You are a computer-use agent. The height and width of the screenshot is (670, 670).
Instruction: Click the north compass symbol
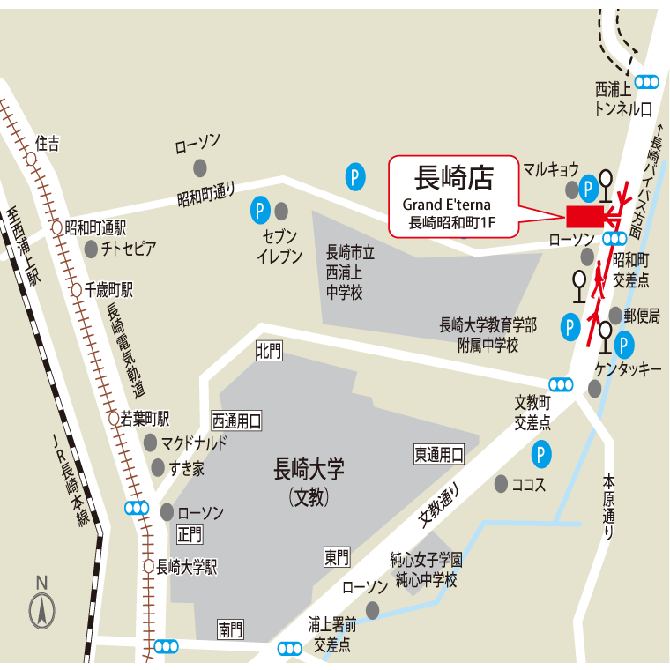42,609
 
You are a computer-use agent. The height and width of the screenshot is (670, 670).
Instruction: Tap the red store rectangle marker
583,216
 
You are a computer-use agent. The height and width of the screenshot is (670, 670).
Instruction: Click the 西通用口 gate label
236,421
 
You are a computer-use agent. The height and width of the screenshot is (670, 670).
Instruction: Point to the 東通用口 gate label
439,454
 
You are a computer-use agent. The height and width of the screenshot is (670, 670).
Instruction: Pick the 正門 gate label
190,533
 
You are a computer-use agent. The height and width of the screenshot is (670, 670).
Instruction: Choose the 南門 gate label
231,629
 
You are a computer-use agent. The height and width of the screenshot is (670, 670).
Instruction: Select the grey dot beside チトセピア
91,249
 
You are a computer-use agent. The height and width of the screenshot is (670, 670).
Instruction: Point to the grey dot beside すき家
158,467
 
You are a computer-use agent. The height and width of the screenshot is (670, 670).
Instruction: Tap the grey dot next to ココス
501,483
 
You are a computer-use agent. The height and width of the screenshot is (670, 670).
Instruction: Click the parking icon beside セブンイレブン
260,210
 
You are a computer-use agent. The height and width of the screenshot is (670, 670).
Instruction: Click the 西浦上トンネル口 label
623,99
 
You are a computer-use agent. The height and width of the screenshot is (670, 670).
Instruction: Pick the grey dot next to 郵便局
614,315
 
